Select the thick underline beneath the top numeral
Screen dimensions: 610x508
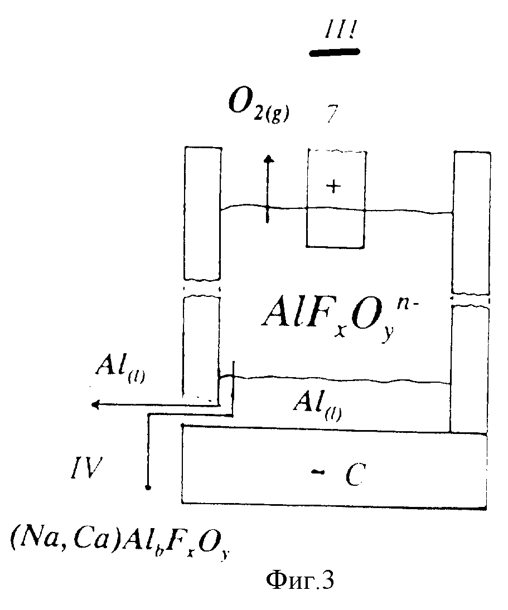coord(333,52)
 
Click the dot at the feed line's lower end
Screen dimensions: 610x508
coord(148,489)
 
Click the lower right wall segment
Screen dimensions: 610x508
coord(468,368)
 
